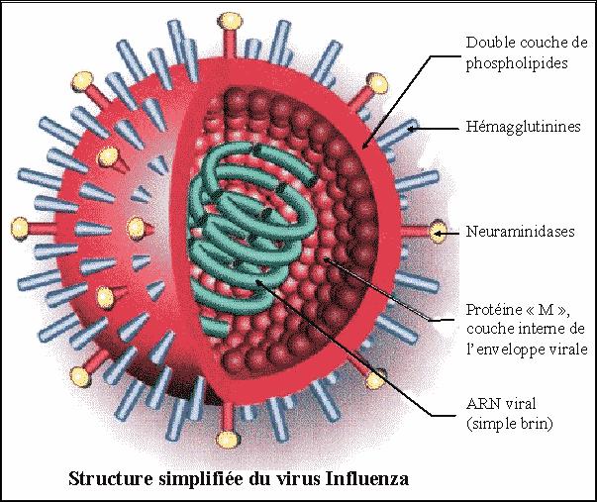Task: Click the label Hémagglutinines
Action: point(524,127)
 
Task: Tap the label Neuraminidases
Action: point(521,232)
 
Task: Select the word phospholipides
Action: point(517,63)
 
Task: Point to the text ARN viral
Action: point(501,403)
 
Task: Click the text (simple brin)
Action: point(510,424)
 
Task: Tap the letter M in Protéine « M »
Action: point(546,310)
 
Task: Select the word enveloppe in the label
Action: point(515,351)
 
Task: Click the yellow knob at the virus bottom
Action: point(228,440)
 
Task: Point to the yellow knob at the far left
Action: point(20,228)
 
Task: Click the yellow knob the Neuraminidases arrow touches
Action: point(437,232)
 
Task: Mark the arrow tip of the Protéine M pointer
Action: point(326,259)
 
